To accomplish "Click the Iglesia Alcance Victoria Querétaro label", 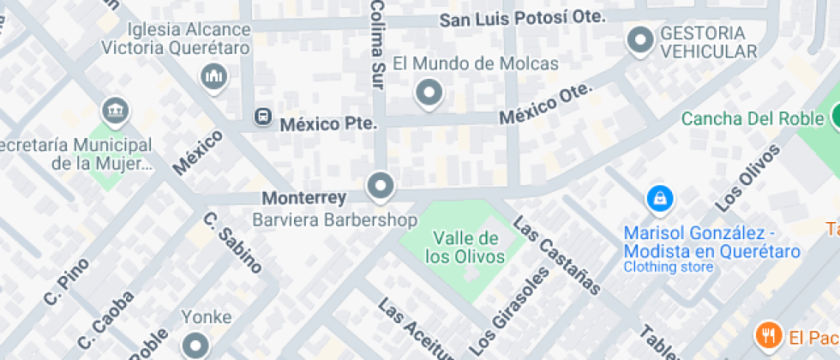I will pos(176,38).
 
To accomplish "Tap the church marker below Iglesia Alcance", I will pos(213,78).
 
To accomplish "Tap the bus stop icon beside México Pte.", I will pos(262,117).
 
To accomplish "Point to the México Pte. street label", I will pos(329,123).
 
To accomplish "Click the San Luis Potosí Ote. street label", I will pos(523,17).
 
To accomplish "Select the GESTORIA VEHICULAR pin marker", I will pos(639,39).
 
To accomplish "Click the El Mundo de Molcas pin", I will pos(429,93).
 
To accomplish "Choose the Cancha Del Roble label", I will pos(752,118).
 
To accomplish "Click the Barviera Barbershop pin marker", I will pos(380,184).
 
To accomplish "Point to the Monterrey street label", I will pos(304,198).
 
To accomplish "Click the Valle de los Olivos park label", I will pos(465,246).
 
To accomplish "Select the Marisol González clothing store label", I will pos(711,243).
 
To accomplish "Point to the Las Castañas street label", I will pos(557,255).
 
